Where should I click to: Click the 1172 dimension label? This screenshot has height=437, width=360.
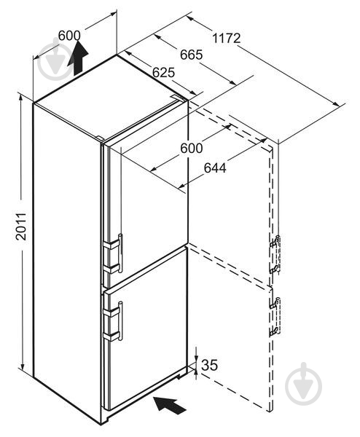click(226, 38)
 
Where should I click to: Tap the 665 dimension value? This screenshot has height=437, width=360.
click(191, 55)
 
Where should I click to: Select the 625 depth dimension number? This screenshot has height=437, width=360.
click(163, 72)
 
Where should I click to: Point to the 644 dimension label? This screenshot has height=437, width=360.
click(215, 168)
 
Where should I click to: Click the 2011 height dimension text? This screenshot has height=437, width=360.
click(21, 227)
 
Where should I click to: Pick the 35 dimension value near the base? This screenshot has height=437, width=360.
click(209, 365)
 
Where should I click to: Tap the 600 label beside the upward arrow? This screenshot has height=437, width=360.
click(69, 36)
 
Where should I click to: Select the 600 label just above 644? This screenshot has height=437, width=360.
click(191, 148)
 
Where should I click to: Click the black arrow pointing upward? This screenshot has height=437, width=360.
click(78, 58)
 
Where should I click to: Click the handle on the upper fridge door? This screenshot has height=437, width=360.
click(120, 253)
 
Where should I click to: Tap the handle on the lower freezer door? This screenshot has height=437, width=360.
click(120, 321)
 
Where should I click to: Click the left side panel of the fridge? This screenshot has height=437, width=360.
click(67, 262)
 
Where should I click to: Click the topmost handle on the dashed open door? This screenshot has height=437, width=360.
click(275, 241)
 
